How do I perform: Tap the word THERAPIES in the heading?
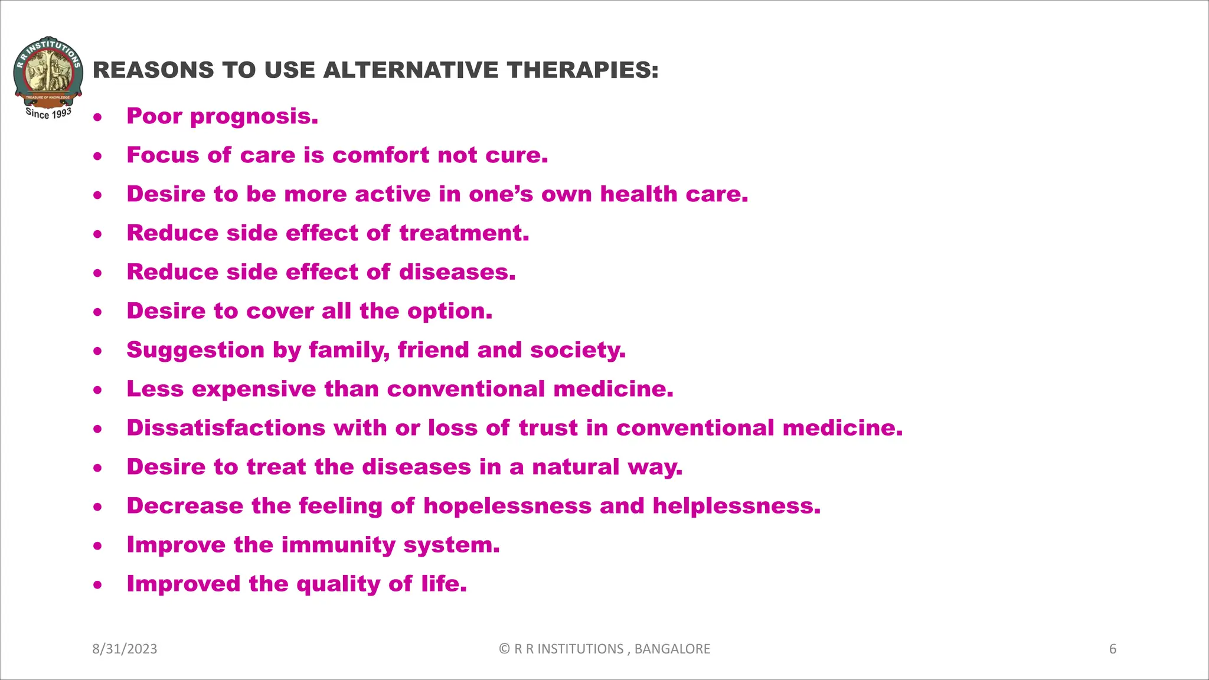582,70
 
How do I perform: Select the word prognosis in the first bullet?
254,117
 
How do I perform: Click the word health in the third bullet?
639,194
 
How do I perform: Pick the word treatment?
464,233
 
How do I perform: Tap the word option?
455,312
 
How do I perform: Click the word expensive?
254,390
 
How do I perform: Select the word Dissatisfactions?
226,428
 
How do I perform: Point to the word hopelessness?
507,506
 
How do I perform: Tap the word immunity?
338,545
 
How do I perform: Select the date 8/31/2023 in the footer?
125,649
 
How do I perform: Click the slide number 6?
1113,649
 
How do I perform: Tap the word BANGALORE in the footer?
672,649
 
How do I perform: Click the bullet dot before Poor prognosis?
97,117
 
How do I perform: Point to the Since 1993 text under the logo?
48,113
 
